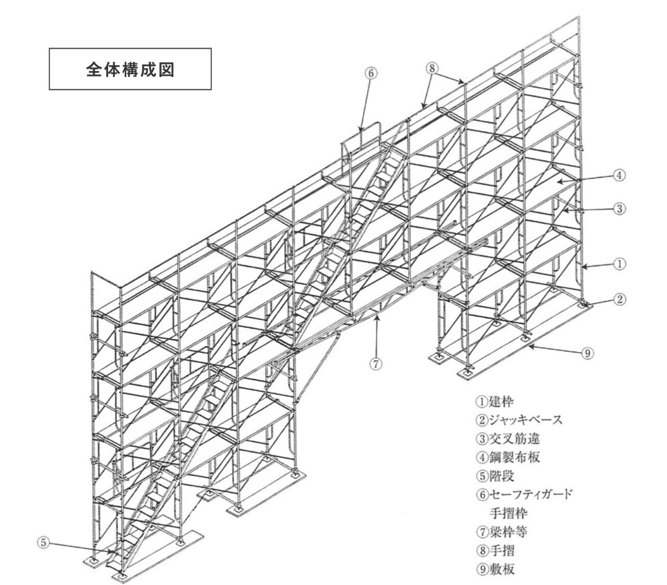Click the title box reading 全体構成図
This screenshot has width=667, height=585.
click(130, 69)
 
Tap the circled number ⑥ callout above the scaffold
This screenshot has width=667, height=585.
click(370, 73)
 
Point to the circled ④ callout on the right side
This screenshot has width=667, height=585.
click(619, 175)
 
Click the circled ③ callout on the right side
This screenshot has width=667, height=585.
click(619, 208)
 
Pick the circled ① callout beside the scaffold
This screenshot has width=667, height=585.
click(619, 264)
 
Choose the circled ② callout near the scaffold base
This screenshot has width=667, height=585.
click(619, 300)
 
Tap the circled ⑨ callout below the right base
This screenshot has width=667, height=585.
click(587, 353)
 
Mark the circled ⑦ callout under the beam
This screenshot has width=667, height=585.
click(376, 364)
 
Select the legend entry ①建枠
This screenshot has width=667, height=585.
click(495, 401)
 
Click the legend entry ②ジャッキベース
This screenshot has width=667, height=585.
click(519, 420)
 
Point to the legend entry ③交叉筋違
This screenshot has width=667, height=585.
click(508, 439)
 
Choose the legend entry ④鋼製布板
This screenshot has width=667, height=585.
click(508, 458)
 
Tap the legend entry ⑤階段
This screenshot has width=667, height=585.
click(495, 476)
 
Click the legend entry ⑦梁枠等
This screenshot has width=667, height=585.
click(502, 532)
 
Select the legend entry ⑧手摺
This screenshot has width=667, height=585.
click(495, 550)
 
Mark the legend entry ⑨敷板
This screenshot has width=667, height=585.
click(495, 569)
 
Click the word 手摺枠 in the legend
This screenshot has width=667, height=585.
click(508, 513)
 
